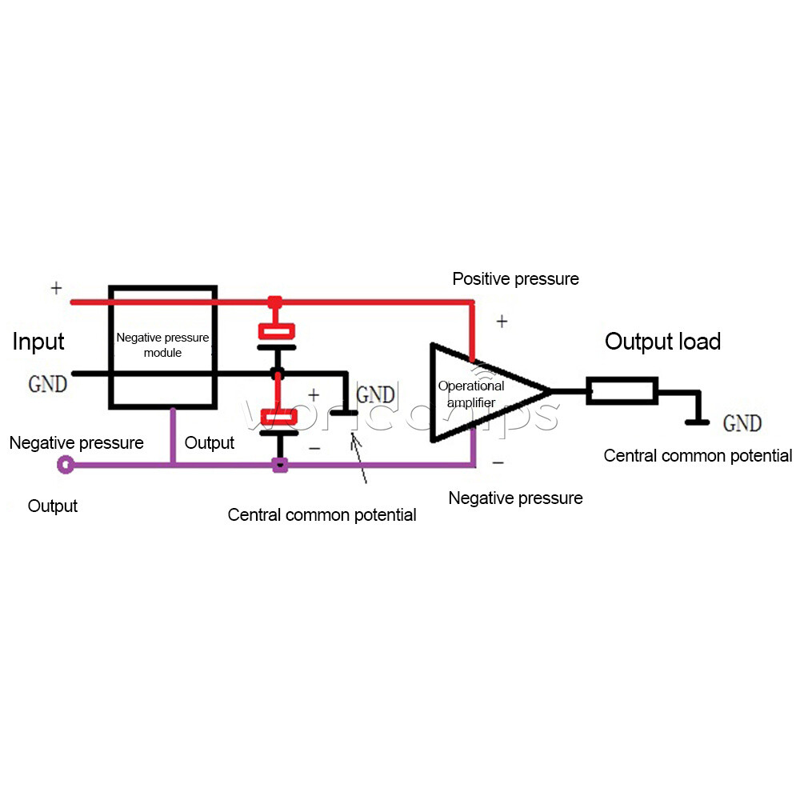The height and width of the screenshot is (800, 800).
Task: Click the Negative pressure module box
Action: tap(110, 347)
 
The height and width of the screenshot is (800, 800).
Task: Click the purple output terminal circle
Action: tap(66, 464)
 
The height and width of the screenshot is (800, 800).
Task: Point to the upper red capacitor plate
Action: tap(277, 331)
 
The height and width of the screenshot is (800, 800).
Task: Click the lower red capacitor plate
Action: tap(278, 417)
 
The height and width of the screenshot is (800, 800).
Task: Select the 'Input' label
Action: tap(38, 342)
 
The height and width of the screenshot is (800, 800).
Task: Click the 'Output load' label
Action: tap(662, 341)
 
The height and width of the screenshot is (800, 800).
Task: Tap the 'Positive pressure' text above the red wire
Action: tap(515, 278)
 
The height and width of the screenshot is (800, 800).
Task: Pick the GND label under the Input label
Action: tap(47, 384)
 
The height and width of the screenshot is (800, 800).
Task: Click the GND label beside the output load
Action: tap(742, 423)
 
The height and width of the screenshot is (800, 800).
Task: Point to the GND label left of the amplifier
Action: tap(375, 394)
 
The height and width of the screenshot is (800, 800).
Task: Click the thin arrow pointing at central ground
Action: tap(358, 458)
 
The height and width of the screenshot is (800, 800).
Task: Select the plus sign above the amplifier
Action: tap(502, 321)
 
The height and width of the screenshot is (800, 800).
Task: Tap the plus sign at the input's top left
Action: tap(56, 288)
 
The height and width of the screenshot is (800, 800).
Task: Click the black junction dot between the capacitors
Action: tap(277, 373)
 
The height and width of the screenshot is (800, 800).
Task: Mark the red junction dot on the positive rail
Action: tap(275, 302)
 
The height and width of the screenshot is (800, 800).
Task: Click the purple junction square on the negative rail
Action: tap(279, 465)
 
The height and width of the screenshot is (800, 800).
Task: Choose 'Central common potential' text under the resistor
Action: tap(698, 455)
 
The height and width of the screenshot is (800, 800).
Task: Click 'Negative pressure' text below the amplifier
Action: tap(515, 498)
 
